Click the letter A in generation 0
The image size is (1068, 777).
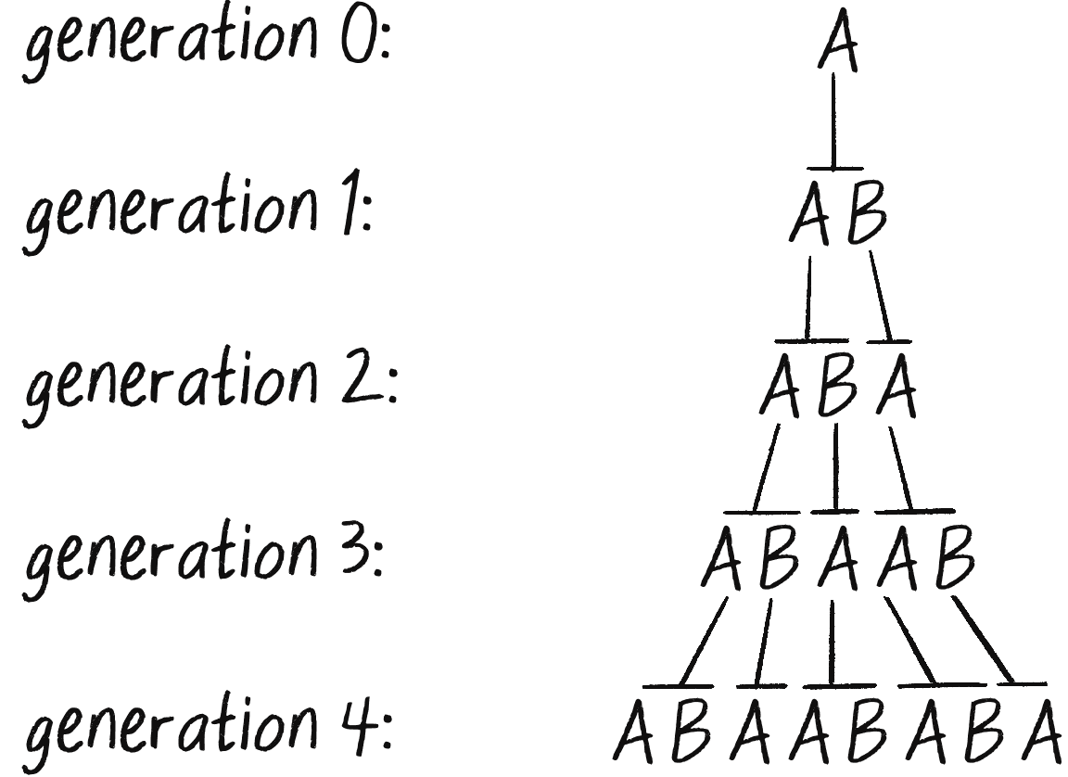click(x=837, y=46)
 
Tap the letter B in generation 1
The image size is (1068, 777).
click(x=865, y=217)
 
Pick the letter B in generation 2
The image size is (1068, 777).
click(x=837, y=390)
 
